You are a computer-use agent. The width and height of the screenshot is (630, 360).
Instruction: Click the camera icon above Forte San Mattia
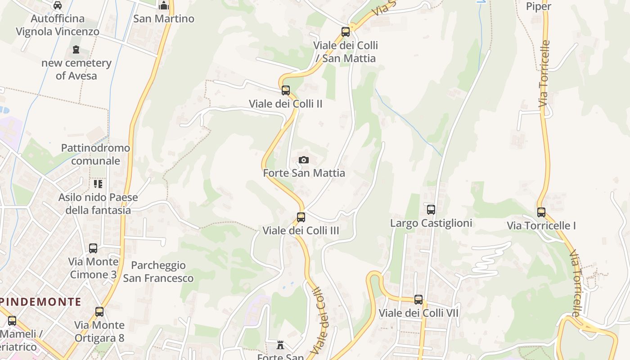(304, 160)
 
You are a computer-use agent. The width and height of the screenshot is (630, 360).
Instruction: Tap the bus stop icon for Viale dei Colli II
(286, 90)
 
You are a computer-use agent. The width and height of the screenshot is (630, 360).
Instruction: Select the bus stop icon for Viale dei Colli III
(301, 217)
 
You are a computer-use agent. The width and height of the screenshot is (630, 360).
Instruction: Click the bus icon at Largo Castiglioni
(431, 210)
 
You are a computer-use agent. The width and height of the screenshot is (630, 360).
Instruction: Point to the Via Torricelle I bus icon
(541, 212)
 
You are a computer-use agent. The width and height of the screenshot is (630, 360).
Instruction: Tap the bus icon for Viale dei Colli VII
(418, 300)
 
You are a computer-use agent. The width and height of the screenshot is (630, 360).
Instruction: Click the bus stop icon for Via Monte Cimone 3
(93, 248)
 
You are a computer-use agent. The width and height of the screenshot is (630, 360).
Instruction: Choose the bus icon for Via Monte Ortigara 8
(99, 312)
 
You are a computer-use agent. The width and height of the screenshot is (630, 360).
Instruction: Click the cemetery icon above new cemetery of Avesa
(76, 50)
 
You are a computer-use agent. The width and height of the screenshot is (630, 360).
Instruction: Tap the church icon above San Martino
(164, 5)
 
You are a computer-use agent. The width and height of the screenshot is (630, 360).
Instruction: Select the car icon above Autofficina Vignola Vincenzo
(58, 5)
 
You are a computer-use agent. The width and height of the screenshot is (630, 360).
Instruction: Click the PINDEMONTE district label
(41, 301)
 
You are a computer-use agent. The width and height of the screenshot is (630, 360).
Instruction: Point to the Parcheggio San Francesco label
(158, 272)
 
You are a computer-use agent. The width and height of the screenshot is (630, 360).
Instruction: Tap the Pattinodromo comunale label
(95, 154)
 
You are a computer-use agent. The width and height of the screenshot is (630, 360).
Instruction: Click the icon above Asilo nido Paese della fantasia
(98, 184)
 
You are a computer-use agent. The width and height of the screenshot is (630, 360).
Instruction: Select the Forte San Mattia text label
(304, 173)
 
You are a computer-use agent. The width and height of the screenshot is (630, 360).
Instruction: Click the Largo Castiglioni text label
(431, 223)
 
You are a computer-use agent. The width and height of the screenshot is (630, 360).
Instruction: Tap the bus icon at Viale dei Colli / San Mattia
(346, 32)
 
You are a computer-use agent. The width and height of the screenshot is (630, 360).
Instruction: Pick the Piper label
(539, 6)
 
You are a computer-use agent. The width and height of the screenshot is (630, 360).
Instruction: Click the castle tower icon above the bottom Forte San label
(281, 345)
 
